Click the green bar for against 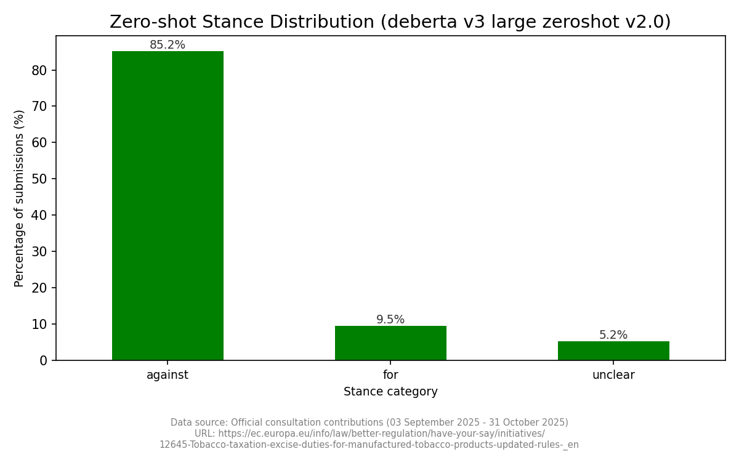[x=168, y=206]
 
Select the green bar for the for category [x=390, y=343]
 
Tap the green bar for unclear [x=613, y=351]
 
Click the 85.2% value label [x=168, y=45]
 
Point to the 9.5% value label [x=390, y=320]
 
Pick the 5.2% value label [x=613, y=335]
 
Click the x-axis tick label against [x=168, y=375]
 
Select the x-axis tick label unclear [x=613, y=375]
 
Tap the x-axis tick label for [x=390, y=375]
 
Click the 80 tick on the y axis [x=39, y=70]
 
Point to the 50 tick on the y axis [x=39, y=179]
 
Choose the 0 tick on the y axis [x=43, y=360]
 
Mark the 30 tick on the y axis [x=39, y=251]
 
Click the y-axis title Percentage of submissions [x=19, y=198]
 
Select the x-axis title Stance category [x=390, y=392]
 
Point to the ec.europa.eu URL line [x=369, y=434]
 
